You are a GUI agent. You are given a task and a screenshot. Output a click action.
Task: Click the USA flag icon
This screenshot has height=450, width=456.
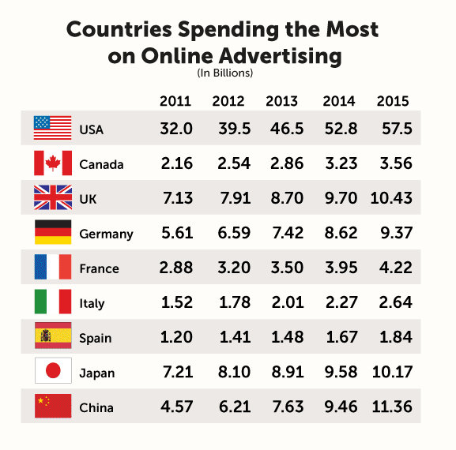(x=53, y=128)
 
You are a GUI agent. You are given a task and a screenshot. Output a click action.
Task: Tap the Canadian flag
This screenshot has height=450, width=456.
(x=53, y=163)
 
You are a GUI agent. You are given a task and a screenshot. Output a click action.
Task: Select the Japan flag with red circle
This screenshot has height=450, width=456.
(x=53, y=371)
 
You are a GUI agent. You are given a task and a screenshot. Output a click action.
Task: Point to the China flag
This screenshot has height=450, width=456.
(x=53, y=407)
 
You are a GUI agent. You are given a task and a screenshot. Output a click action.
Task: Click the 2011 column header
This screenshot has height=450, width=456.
(x=175, y=102)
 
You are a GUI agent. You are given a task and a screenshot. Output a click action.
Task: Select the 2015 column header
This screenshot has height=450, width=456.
(x=393, y=102)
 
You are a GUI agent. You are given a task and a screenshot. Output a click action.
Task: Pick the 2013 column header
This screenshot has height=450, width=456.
(x=282, y=102)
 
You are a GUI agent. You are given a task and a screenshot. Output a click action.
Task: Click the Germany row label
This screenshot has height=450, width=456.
(x=106, y=234)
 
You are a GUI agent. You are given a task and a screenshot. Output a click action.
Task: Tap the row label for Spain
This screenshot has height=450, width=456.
(x=96, y=338)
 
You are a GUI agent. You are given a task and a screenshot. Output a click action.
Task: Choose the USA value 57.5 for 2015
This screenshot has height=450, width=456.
(x=393, y=129)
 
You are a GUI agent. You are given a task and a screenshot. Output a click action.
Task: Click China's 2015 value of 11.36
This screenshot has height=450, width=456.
(x=393, y=407)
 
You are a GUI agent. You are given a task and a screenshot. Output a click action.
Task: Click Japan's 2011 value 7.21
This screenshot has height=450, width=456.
(x=176, y=372)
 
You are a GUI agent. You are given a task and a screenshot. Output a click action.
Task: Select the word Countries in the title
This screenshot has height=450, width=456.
(x=119, y=30)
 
